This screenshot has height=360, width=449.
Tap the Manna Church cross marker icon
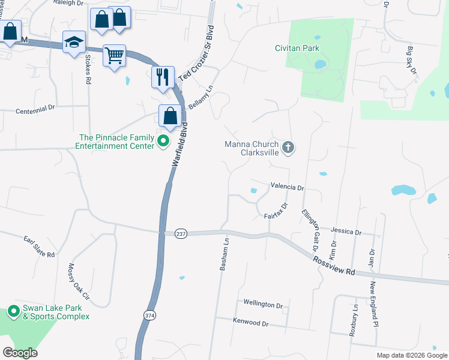(x=288, y=148)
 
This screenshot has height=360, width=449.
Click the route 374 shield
(x=149, y=314)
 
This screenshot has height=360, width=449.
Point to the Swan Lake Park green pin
(x=13, y=313)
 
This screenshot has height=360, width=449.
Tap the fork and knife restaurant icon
(x=163, y=77)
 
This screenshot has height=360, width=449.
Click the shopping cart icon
(x=114, y=56)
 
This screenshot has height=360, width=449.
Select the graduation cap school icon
(x=74, y=41)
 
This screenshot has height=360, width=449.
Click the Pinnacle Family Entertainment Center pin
(x=163, y=142)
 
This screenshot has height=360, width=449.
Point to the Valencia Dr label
(x=287, y=187)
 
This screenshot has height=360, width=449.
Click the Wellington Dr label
(x=263, y=304)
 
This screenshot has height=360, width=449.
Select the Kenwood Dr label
(x=250, y=322)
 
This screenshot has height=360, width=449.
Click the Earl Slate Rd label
(x=39, y=246)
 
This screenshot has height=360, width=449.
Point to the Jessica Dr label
(x=346, y=232)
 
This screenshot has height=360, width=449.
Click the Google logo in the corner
(x=20, y=353)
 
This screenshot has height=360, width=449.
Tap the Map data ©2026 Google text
(x=411, y=355)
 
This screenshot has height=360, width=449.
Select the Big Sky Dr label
(x=412, y=59)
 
